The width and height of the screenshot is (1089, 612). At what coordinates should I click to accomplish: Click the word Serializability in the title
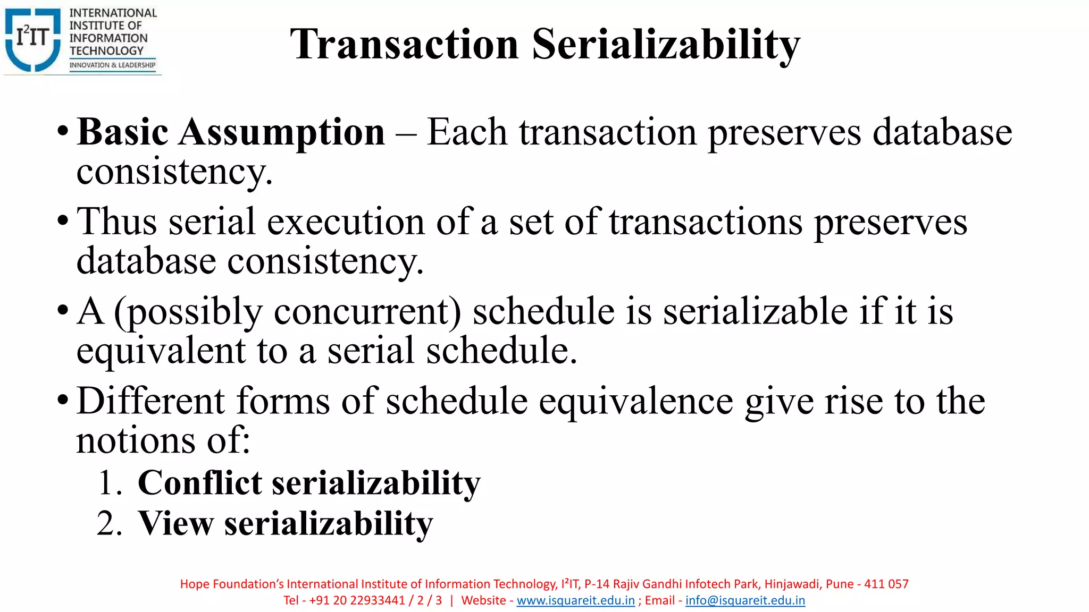pyautogui.click(x=666, y=45)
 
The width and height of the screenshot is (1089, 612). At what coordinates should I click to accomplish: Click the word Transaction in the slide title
pyautogui.click(x=404, y=45)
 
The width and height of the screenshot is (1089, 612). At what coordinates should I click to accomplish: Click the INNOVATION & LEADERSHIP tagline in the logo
pyautogui.click(x=113, y=65)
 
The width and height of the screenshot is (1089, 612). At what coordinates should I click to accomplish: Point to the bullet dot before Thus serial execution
pyautogui.click(x=63, y=220)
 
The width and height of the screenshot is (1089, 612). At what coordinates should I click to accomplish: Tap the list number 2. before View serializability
pyautogui.click(x=110, y=524)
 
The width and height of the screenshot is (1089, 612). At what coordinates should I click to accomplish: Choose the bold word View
pyautogui.click(x=175, y=524)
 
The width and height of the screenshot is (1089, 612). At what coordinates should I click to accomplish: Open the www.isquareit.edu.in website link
pyautogui.click(x=575, y=600)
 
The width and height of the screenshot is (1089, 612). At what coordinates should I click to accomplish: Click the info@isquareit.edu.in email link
pyautogui.click(x=745, y=600)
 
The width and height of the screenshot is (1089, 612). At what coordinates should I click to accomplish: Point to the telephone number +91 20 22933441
pyautogui.click(x=357, y=600)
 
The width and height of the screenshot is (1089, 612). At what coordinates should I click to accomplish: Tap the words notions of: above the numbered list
pyautogui.click(x=163, y=441)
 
